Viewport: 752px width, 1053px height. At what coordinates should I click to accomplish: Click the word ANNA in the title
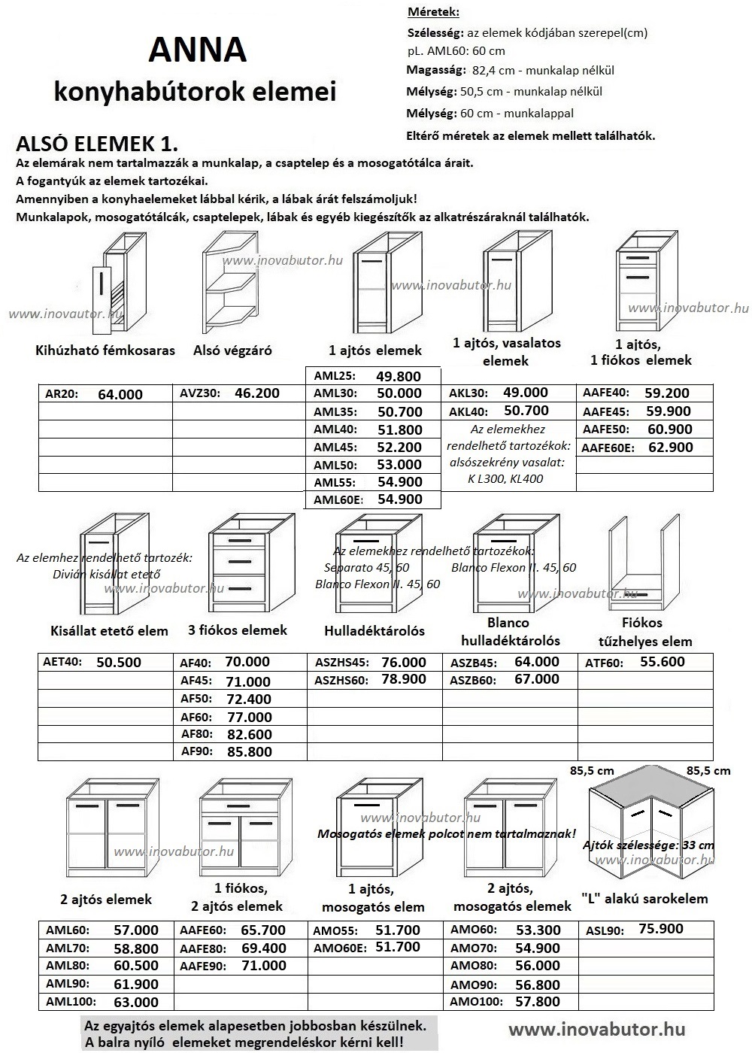(x=197, y=50)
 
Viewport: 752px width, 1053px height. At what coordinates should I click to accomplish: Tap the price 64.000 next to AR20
(x=120, y=394)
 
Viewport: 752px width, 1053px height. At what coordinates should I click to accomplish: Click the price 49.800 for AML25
(x=399, y=376)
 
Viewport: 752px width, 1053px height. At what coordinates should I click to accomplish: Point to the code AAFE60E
(x=608, y=448)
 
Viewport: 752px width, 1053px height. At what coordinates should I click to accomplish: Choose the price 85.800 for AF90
(x=248, y=751)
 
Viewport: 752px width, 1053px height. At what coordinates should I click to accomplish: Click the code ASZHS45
(x=342, y=663)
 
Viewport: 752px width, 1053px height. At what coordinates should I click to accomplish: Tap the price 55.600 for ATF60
(x=663, y=662)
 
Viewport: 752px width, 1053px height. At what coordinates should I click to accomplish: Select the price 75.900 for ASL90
(x=661, y=929)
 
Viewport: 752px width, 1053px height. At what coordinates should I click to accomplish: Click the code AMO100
(x=475, y=1001)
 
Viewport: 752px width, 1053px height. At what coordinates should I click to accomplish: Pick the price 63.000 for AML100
(x=136, y=1002)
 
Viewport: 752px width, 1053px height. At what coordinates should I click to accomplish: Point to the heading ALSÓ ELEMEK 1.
(x=97, y=144)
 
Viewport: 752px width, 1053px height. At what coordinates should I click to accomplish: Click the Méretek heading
(x=432, y=13)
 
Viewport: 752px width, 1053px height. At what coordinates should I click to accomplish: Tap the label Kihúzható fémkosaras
(x=105, y=350)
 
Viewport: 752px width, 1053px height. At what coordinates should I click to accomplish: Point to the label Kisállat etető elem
(x=109, y=630)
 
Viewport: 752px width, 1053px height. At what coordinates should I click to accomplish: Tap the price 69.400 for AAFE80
(x=263, y=948)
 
